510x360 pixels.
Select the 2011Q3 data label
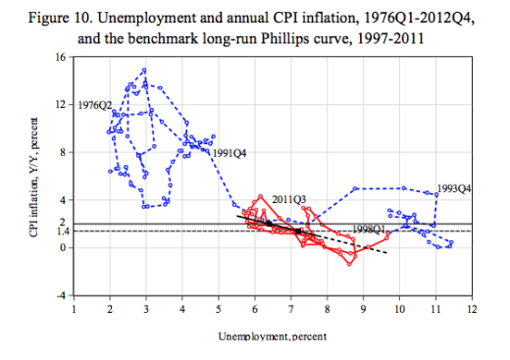289,199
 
